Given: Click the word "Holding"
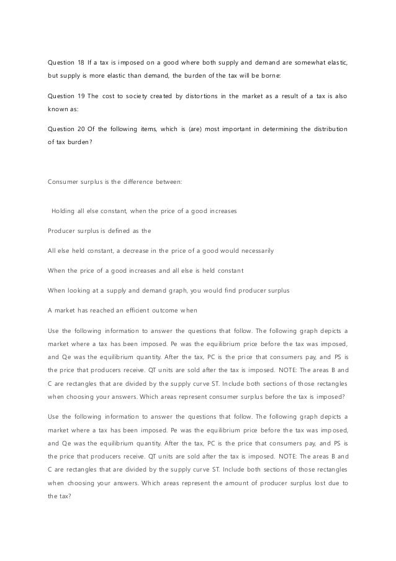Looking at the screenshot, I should [x=65, y=211].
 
